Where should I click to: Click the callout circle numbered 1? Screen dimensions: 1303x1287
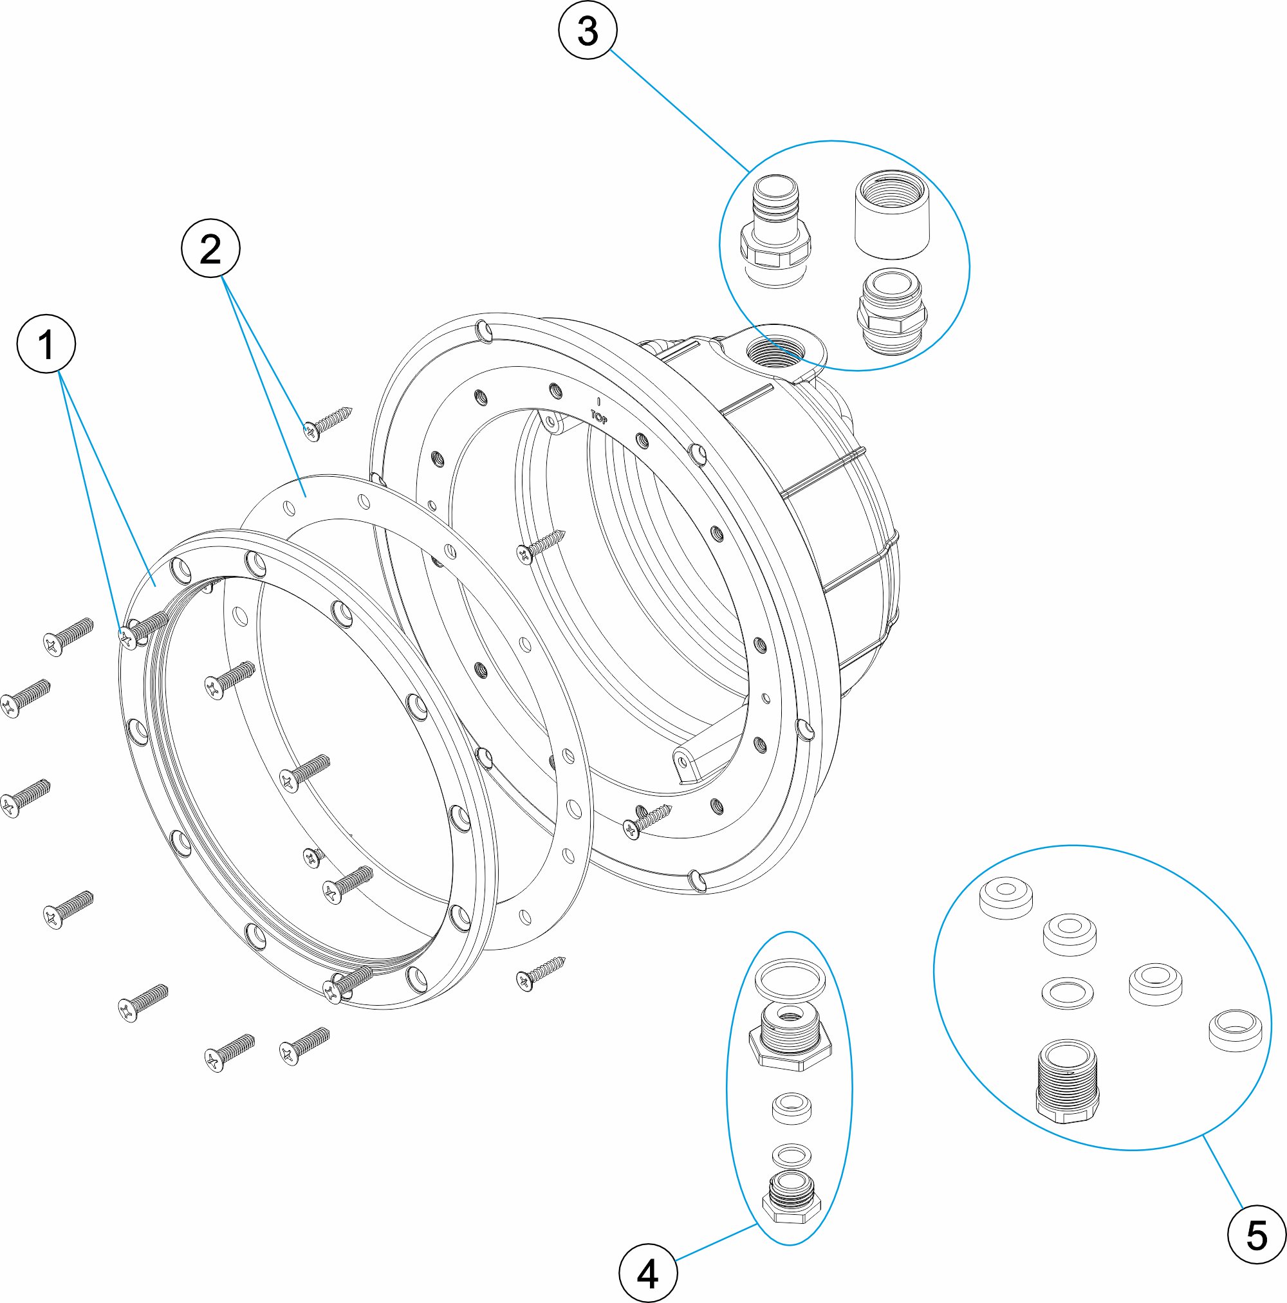(x=46, y=345)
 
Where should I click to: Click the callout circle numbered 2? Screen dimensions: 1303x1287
(x=210, y=250)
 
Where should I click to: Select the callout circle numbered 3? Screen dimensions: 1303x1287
(x=588, y=31)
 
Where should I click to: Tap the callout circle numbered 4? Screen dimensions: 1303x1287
(x=647, y=1274)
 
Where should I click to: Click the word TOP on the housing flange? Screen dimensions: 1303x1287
(x=599, y=416)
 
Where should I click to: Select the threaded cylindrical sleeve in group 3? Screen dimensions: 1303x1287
(x=894, y=214)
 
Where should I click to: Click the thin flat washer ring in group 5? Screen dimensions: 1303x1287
(x=1067, y=993)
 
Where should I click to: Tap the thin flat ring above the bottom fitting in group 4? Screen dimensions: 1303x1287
(x=792, y=1154)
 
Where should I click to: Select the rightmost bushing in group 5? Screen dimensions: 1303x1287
(x=1234, y=1030)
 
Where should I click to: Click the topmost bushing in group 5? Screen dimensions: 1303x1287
(x=1005, y=896)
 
